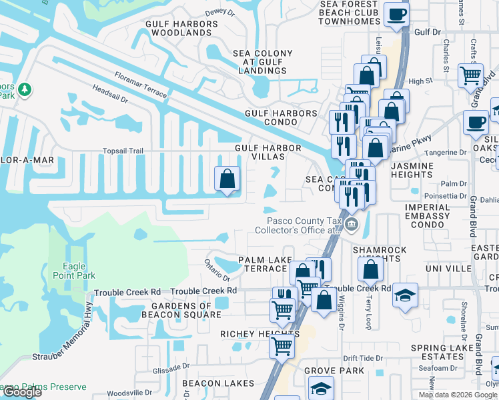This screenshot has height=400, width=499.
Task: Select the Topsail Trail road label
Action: pyautogui.click(x=123, y=151)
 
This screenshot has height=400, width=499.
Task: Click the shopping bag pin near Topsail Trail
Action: pyautogui.click(x=227, y=178)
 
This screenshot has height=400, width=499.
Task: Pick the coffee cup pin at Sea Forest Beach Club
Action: pyautogui.click(x=398, y=14)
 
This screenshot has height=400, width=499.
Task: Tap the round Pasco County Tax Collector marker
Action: pyautogui.click(x=352, y=227)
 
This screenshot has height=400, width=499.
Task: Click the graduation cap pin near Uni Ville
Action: pyautogui.click(x=405, y=295)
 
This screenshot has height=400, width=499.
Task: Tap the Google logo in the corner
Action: pyautogui.click(x=21, y=392)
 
